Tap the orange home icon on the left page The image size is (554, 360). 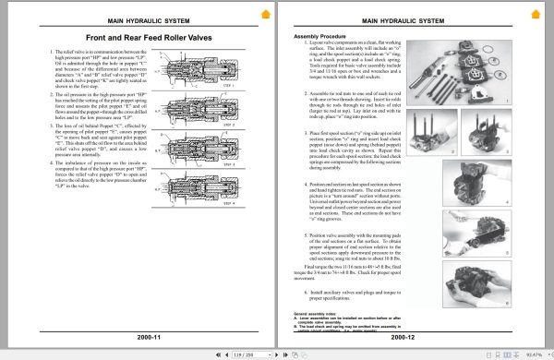coord(266,14)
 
